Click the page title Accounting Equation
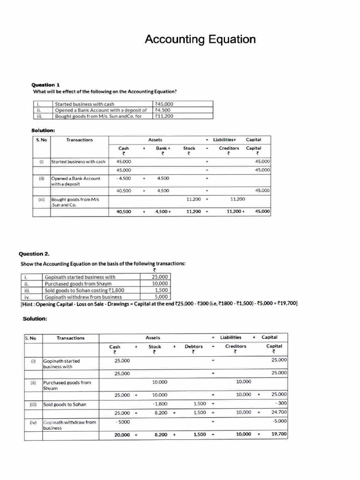[x=200, y=39]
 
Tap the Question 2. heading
[x=34, y=254]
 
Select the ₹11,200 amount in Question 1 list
[x=164, y=116]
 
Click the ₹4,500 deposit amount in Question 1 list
[x=162, y=110]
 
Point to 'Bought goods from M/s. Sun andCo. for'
[x=98, y=116]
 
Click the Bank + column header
[x=162, y=148]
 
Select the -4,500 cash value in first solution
[x=124, y=178]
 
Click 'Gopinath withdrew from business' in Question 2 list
[x=83, y=297]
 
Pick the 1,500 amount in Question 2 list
[x=161, y=290]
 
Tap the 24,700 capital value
[x=279, y=412]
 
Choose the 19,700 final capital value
[x=279, y=435]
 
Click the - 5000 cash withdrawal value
[x=122, y=422]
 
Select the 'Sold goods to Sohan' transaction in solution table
[x=65, y=404]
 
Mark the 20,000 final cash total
[x=122, y=435]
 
